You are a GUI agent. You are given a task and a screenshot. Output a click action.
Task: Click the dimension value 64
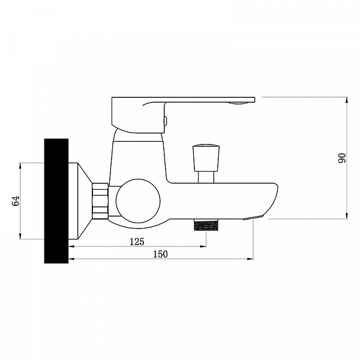pyautogui.click(x=16, y=201)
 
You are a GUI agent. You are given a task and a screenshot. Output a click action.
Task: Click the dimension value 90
pyautogui.click(x=342, y=158)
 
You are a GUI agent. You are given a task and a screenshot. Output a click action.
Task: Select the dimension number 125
pyautogui.click(x=137, y=242)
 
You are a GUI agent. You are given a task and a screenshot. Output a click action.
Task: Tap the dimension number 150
pyautogui.click(x=160, y=254)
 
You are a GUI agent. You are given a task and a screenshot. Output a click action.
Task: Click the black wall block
pyautogui.click(x=56, y=201)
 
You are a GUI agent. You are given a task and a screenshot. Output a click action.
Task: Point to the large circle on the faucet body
pyautogui.click(x=138, y=201)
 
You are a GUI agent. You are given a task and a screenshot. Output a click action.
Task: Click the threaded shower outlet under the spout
pyautogui.click(x=206, y=225)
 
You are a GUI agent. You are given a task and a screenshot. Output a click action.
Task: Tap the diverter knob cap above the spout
pyautogui.click(x=206, y=158)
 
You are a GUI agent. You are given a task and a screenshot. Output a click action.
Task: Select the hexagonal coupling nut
pyautogui.click(x=100, y=201)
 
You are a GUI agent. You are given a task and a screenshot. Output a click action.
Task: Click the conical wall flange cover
pyautogui.click(x=80, y=201)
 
